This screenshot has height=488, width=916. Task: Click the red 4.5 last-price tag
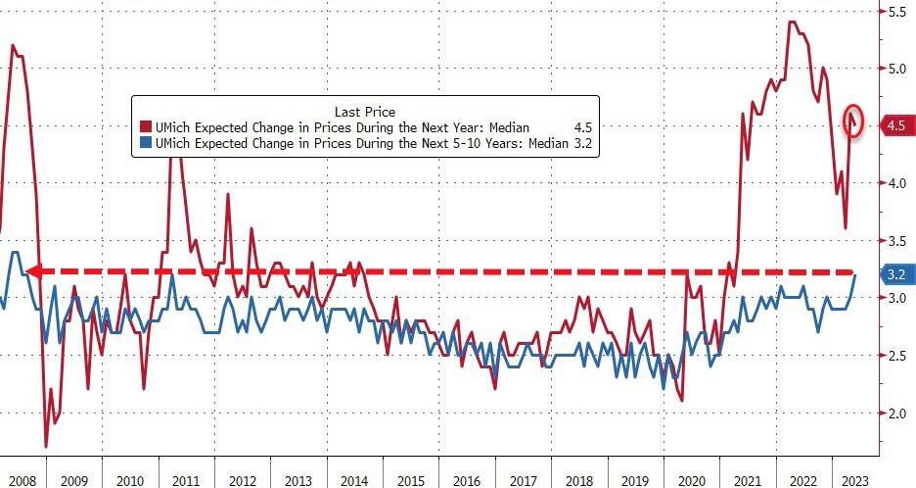click(894, 125)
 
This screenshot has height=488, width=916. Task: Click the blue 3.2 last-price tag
click(894, 274)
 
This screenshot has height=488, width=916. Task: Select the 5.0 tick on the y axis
click(895, 69)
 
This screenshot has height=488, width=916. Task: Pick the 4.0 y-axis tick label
click(895, 183)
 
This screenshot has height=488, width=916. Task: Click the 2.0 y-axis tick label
click(895, 414)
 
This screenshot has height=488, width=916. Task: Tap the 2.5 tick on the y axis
click(895, 356)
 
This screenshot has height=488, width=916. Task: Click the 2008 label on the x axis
click(23, 480)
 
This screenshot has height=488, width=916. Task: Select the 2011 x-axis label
click(187, 480)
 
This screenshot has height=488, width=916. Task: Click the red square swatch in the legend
click(145, 128)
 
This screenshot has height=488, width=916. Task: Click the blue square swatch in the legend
click(145, 144)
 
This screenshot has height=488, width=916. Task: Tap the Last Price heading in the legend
click(364, 112)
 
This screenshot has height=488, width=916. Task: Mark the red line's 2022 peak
click(792, 23)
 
